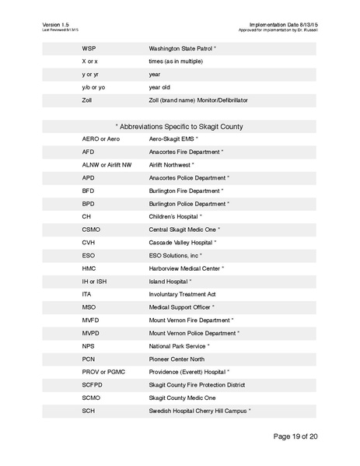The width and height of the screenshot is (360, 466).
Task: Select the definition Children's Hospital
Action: pos(174,216)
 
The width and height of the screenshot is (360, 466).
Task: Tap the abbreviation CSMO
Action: pos(91,229)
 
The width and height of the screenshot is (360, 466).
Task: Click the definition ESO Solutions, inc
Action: pos(175,255)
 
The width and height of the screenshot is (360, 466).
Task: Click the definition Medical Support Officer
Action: pos(181,307)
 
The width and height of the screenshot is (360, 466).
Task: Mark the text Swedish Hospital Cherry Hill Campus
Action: pos(199,411)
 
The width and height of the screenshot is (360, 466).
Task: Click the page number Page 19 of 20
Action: pos(285,436)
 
